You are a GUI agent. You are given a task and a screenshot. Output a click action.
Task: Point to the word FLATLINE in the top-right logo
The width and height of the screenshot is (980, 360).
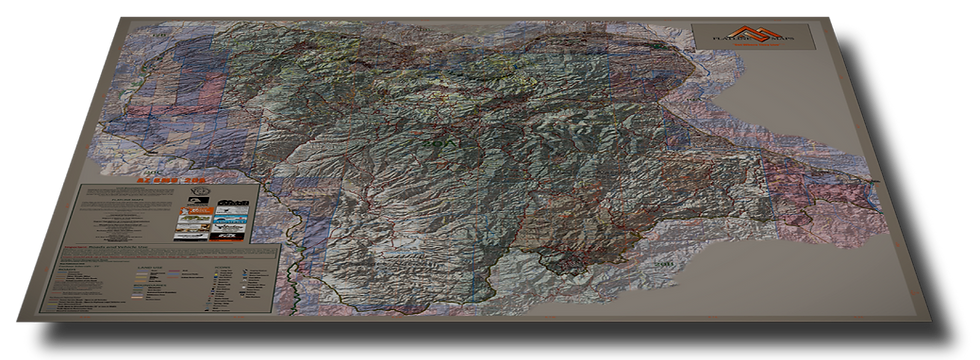(x=735, y=41)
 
